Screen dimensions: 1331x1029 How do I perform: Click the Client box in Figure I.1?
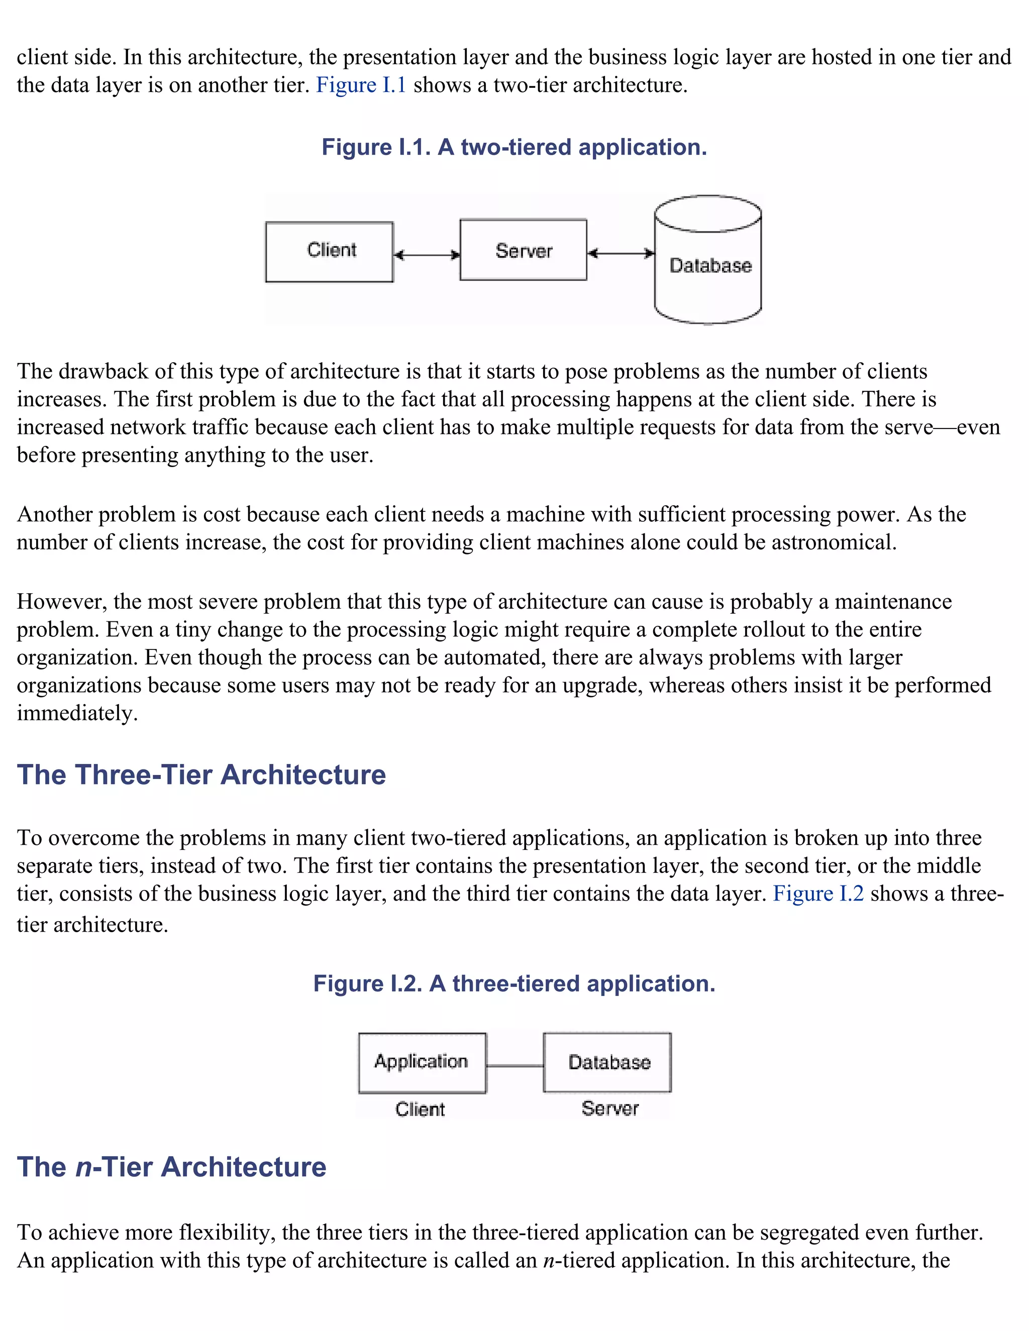[x=329, y=252]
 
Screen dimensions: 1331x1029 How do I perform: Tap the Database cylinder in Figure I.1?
[x=708, y=266]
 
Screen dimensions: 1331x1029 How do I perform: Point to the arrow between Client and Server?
[x=426, y=255]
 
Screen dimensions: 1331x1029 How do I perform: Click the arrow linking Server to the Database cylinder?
[x=621, y=253]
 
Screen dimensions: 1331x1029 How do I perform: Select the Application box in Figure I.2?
[x=422, y=1062]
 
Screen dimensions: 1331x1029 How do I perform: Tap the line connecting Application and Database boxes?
[x=514, y=1066]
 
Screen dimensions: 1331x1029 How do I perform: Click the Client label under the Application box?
[x=420, y=1109]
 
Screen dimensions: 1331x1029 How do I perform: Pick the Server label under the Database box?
[x=609, y=1108]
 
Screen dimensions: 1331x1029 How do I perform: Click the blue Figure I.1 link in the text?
[x=361, y=85]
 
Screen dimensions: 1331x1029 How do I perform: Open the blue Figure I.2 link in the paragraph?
[x=818, y=894]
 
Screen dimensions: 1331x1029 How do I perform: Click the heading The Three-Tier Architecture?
[x=201, y=774]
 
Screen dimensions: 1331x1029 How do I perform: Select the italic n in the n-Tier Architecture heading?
[x=83, y=1167]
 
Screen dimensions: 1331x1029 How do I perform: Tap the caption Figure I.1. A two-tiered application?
[x=514, y=148]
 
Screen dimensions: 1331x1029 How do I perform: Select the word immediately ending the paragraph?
[x=76, y=713]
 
